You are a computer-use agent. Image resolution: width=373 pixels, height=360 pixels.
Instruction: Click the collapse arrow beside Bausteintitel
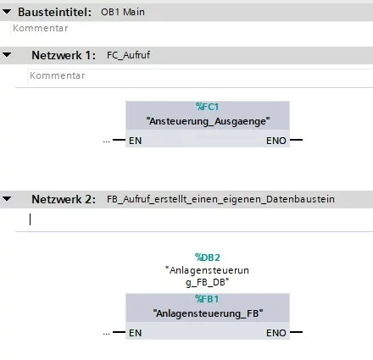coord(7,12)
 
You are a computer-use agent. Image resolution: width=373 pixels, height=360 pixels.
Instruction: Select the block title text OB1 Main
coord(123,12)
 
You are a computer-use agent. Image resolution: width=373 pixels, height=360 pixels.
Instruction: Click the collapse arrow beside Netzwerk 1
coord(7,55)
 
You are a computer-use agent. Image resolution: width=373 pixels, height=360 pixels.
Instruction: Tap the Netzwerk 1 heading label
coord(64,55)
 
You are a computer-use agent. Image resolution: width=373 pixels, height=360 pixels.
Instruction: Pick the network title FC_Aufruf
coord(128,55)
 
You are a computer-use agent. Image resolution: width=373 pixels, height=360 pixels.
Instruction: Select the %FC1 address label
coord(208,107)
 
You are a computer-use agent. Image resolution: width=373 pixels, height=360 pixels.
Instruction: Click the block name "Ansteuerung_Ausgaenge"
coord(208,121)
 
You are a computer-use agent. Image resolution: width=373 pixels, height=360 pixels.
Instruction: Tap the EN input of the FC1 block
coord(135,141)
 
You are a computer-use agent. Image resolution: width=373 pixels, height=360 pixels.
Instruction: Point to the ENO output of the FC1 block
coord(276,141)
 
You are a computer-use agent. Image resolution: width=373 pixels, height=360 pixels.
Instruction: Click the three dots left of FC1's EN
coord(107,141)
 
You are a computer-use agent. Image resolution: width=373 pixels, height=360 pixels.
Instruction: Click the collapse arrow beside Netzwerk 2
coord(7,199)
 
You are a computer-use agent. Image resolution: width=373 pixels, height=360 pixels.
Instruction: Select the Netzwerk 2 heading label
coord(64,200)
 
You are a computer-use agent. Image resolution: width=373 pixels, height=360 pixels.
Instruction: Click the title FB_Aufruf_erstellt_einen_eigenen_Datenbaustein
coord(220,199)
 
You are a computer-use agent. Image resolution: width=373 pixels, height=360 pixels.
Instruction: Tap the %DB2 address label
coord(208,258)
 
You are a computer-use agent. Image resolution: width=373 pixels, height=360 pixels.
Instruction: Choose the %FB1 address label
coord(207,299)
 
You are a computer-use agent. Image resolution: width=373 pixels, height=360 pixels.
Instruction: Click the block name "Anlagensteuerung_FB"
coord(208,313)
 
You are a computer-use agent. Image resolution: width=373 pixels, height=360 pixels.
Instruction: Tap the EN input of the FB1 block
coord(135,333)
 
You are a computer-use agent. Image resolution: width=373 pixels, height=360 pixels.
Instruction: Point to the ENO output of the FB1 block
coord(276,333)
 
